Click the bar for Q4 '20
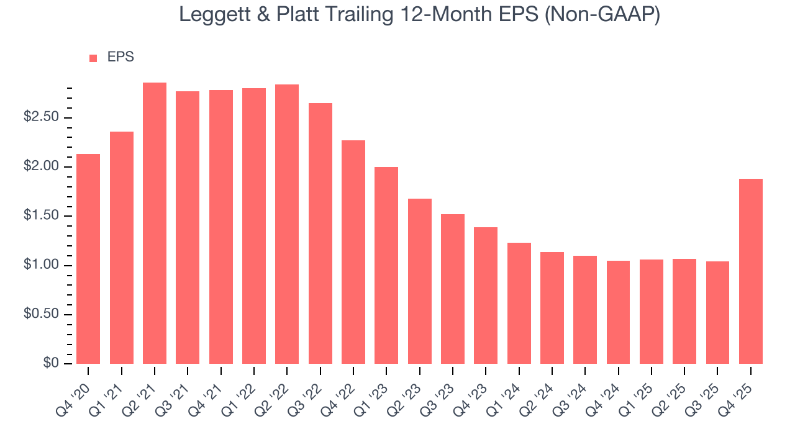[88, 259]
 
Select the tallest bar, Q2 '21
[155, 223]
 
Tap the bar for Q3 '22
[320, 233]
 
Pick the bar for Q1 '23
[386, 265]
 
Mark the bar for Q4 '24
[618, 312]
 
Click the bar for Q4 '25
[751, 271]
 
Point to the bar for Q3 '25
[717, 312]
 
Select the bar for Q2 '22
[287, 224]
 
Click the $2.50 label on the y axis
[42, 118]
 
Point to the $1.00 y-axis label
[42, 265]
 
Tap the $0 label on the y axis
[51, 363]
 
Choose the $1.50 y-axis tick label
[42, 216]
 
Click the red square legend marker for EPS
[93, 58]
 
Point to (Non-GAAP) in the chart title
[602, 14]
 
